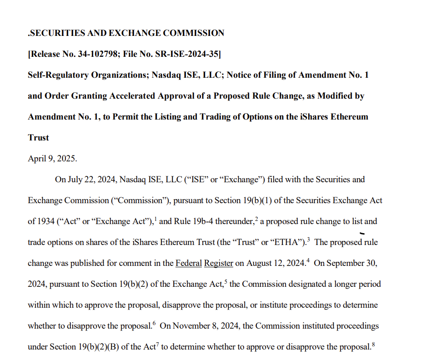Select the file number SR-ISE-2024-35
click(186, 54)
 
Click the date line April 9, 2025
click(52, 159)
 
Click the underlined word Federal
click(189, 263)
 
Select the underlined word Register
click(219, 263)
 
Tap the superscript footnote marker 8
click(373, 345)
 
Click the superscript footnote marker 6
click(154, 324)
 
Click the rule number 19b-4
click(201, 221)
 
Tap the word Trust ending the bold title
click(38, 138)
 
